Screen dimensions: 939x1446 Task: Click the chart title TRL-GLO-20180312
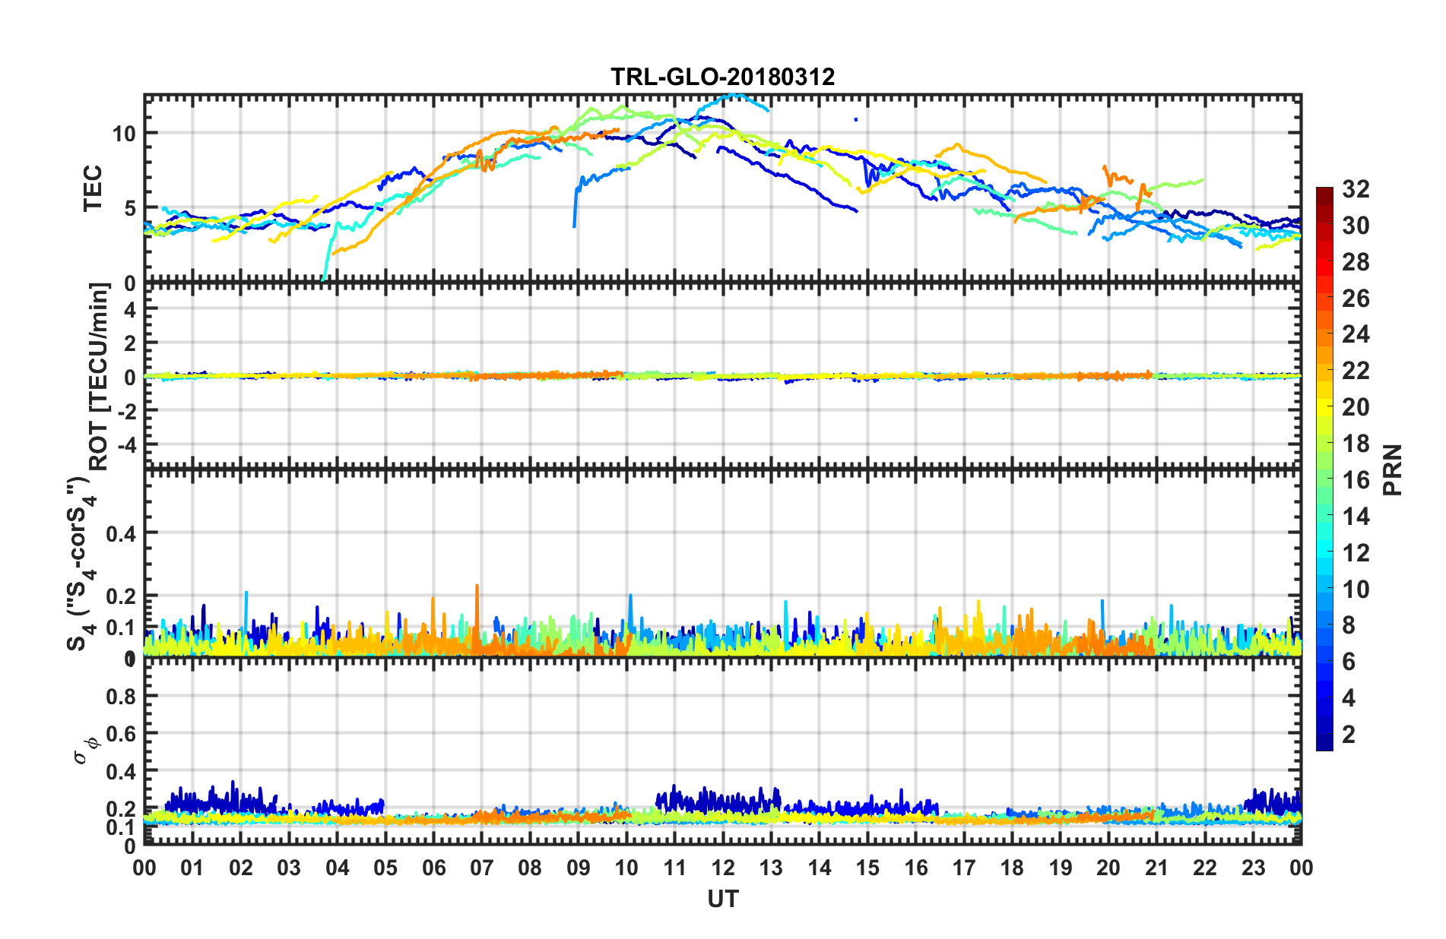click(x=722, y=77)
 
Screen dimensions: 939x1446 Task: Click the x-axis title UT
click(x=722, y=899)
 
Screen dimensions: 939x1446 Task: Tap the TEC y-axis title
click(x=93, y=188)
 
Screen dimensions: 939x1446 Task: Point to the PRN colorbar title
click(x=1393, y=469)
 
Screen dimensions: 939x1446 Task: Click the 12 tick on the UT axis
click(x=722, y=868)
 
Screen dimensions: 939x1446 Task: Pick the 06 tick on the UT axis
click(x=433, y=868)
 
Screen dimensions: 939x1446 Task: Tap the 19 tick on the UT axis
click(x=1060, y=868)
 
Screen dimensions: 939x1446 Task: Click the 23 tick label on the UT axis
click(x=1253, y=868)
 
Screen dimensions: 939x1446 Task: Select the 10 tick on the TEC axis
click(x=124, y=134)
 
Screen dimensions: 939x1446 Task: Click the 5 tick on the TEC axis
click(x=129, y=208)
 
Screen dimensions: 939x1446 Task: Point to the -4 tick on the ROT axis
click(x=126, y=443)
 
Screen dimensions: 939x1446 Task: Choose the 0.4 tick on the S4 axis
click(x=121, y=533)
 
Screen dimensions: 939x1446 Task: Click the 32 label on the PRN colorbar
click(x=1356, y=189)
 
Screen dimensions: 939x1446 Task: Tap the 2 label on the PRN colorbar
click(x=1349, y=734)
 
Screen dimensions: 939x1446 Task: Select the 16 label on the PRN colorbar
click(x=1356, y=480)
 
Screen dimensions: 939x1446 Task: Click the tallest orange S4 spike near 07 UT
click(x=477, y=586)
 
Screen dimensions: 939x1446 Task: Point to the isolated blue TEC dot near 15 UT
click(x=856, y=119)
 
